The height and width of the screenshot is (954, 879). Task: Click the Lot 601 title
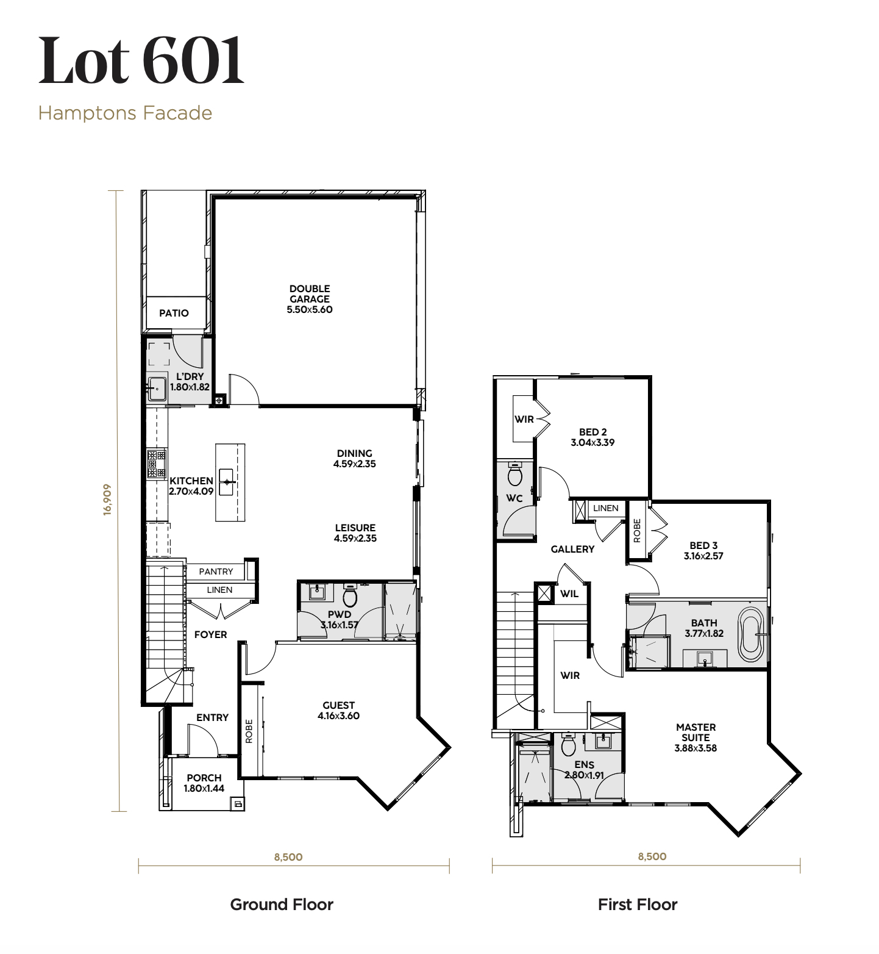point(141,60)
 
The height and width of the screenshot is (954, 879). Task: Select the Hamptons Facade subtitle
point(125,113)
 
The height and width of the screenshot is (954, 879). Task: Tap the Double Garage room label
point(310,294)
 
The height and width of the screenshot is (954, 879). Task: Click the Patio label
point(174,314)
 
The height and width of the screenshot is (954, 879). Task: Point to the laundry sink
point(157,387)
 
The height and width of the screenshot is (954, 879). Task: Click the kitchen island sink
point(228,482)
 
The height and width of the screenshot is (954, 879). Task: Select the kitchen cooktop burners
point(157,464)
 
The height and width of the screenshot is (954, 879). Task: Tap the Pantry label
point(216,572)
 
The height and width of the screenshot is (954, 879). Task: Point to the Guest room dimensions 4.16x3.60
point(338,716)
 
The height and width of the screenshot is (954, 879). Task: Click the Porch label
point(204,778)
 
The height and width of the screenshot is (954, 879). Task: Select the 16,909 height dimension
point(107,500)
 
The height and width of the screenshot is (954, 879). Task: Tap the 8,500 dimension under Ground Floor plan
point(288,857)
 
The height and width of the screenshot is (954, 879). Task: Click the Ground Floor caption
point(282,905)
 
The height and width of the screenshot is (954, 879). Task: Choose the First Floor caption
point(638,905)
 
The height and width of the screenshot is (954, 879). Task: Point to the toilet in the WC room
point(515,473)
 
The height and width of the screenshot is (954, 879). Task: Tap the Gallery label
point(572,550)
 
